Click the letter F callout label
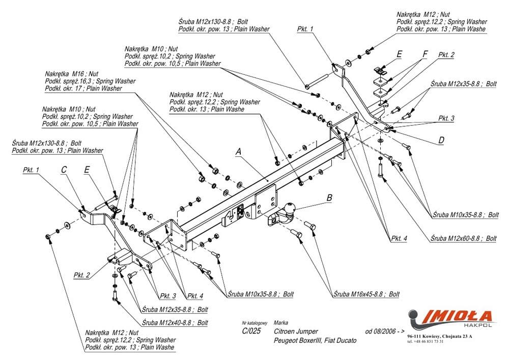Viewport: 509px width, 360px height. coord(425,53)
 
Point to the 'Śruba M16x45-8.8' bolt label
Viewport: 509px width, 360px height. coord(366,294)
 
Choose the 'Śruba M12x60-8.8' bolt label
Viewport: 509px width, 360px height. coord(463,238)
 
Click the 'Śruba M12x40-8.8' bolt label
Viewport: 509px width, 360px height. coord(175,322)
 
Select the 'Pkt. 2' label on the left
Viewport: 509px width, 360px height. coord(82,275)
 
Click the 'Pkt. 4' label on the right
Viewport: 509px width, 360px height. coord(400,238)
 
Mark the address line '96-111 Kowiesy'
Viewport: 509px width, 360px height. coord(440,337)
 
